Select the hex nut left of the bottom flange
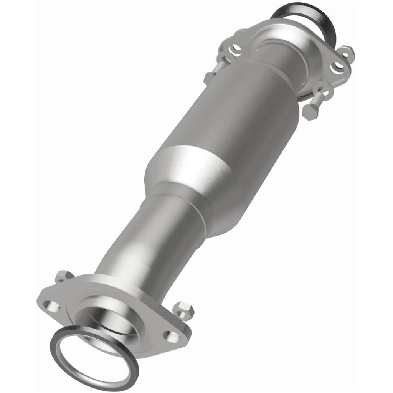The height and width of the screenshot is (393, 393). click(63, 276)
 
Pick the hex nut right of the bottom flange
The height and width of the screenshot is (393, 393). click(183, 309)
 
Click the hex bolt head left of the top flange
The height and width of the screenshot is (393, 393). click(209, 77)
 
